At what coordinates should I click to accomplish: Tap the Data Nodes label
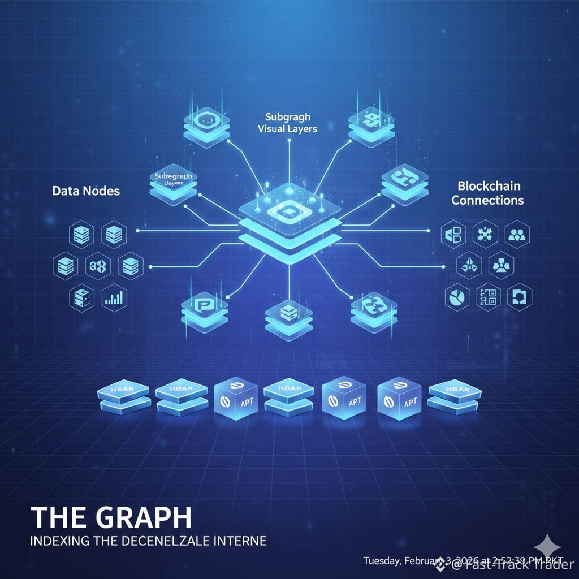click(x=86, y=191)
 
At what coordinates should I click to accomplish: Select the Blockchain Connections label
click(x=487, y=193)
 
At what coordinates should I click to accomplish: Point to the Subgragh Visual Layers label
click(x=291, y=123)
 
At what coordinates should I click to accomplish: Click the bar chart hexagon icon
click(x=115, y=297)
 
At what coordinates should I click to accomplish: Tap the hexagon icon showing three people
click(x=517, y=234)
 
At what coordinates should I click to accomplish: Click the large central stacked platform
click(x=289, y=226)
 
